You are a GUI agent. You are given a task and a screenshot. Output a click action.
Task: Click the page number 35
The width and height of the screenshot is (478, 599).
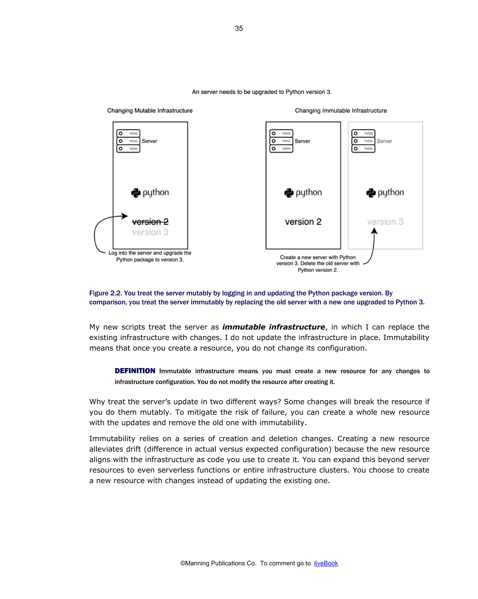coord(239,28)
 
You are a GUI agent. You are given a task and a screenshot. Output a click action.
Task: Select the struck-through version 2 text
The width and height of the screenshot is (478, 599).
coord(150,222)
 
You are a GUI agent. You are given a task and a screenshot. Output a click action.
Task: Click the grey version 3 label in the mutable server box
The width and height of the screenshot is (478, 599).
coord(150,232)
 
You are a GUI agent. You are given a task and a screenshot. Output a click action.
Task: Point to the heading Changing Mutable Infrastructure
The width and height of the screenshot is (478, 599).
coord(150,111)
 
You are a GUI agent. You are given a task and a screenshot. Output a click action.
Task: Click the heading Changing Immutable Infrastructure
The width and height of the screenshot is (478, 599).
coord(341,111)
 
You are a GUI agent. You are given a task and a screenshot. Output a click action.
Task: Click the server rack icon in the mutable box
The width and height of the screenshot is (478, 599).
coord(128,141)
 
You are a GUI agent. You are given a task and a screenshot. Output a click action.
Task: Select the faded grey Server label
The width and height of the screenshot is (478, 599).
coord(384,141)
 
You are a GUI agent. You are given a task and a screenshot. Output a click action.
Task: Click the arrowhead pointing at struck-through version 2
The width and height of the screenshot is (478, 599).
coord(125,216)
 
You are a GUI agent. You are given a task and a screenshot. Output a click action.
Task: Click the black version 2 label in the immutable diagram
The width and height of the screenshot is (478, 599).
coord(303,222)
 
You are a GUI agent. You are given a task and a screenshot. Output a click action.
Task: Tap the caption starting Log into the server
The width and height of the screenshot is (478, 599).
coord(150,256)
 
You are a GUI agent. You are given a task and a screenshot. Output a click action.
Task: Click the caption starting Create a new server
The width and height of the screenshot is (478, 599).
coord(318,263)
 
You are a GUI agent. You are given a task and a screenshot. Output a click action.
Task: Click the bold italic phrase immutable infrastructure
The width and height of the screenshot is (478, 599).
coord(274,327)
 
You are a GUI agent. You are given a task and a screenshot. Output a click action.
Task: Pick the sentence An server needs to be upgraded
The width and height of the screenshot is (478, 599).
coord(261,92)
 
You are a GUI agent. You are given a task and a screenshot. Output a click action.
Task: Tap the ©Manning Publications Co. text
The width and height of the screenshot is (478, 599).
coord(218,563)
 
